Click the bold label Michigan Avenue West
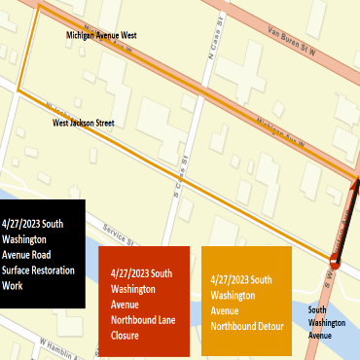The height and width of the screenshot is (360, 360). click(101, 34)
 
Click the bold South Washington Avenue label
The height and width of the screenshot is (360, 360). click(326, 321)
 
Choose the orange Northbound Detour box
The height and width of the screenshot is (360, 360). click(246, 300)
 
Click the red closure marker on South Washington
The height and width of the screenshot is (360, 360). click(335, 261)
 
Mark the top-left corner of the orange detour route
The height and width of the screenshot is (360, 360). click(39, 7)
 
